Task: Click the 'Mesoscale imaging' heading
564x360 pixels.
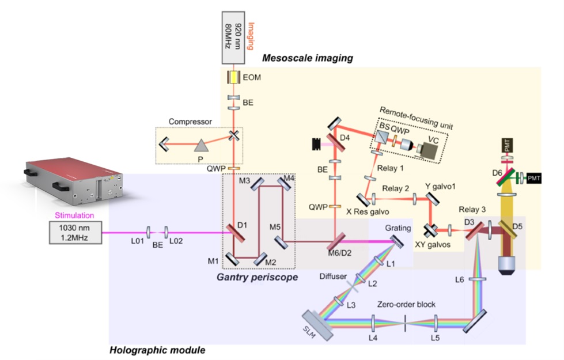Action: click(308, 58)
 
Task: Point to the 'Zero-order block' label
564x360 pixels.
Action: click(405, 304)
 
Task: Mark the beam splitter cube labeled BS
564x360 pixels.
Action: click(381, 138)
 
